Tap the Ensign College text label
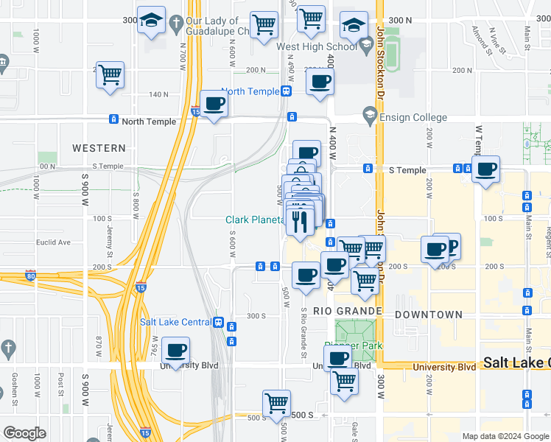coord(414,117)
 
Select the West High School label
coord(317,46)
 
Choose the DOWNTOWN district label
coord(429,315)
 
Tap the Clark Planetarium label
coord(254,220)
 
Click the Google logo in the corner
coord(24,433)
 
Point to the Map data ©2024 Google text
coord(505,436)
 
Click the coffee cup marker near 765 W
coord(175,351)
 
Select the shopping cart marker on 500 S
coord(276,403)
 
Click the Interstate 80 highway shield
coord(30,276)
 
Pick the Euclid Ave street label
coord(55,242)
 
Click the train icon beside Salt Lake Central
coord(218,323)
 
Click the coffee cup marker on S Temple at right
coord(485,169)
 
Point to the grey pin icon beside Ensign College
coord(370,116)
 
